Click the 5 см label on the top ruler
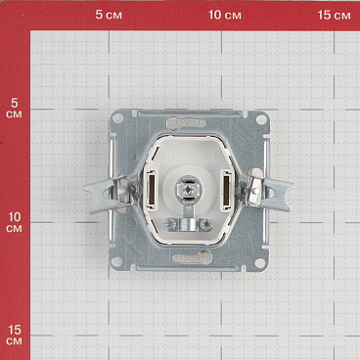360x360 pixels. coord(109,15)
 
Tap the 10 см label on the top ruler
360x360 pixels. coord(225,15)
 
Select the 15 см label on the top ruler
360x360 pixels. coord(335,15)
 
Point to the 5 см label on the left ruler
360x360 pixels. coord(14,109)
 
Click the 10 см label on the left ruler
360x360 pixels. coord(14,222)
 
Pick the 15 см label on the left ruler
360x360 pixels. coord(14,336)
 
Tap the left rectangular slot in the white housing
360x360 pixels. coord(151,190)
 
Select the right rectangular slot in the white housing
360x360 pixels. coord(226,190)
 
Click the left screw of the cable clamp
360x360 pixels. coord(169,224)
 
